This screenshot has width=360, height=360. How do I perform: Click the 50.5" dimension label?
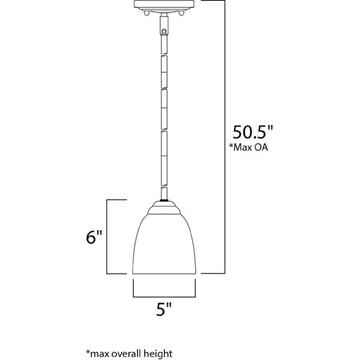click(x=253, y=132)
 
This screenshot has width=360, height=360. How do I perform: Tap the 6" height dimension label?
click(x=94, y=237)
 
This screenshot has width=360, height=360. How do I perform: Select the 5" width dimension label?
click(x=164, y=309)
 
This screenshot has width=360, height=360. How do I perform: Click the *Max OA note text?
click(x=248, y=147)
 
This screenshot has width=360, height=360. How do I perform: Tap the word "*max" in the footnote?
click(x=97, y=353)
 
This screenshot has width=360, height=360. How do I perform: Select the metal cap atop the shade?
click(x=164, y=208)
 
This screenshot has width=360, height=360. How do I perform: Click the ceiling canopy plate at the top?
click(x=164, y=5)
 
